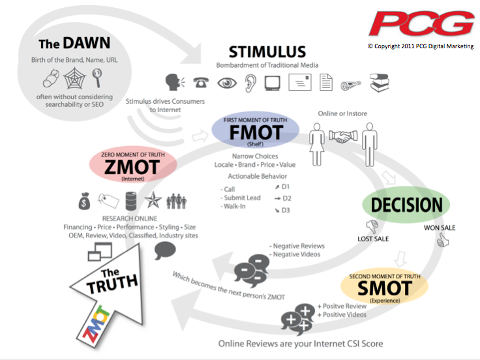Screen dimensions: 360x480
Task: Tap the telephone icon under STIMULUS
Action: pos(201,83)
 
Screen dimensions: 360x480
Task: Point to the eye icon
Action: pos(226,83)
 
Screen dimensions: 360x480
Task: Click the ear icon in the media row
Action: pos(250,83)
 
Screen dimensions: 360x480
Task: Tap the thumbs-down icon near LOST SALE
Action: pos(373,226)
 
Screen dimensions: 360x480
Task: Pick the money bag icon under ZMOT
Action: pos(84,200)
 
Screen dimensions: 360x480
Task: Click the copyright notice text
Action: pos(421,46)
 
